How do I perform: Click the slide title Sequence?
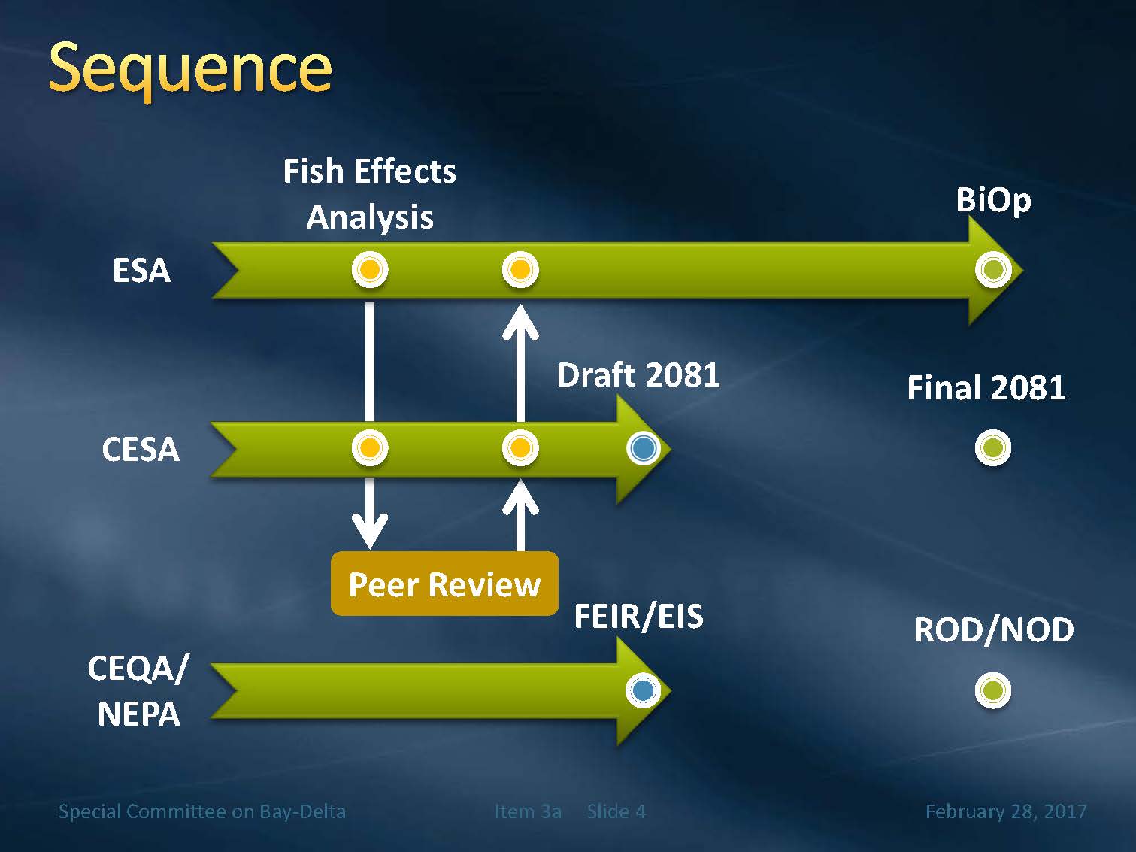coord(189,69)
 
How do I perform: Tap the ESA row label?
coord(141,271)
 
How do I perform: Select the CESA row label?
coord(141,450)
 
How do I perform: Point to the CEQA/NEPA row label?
coord(138,690)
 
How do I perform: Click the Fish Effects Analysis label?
coord(370,194)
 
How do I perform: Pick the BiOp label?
coord(993,200)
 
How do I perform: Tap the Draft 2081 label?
coord(638,374)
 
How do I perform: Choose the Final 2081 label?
coord(986,388)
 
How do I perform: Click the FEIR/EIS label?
coord(638,617)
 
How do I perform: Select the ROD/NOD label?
coord(993,630)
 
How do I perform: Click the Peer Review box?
coord(444,584)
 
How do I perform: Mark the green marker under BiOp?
coord(993,269)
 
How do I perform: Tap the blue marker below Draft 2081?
coord(643,448)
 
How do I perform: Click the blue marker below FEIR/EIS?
coord(643,690)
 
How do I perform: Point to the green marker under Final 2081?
coord(993,448)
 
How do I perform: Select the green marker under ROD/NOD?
coord(993,690)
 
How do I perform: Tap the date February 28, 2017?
coord(1005,811)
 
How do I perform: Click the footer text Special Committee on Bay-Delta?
coord(202,811)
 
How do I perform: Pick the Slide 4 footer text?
coord(616,811)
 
